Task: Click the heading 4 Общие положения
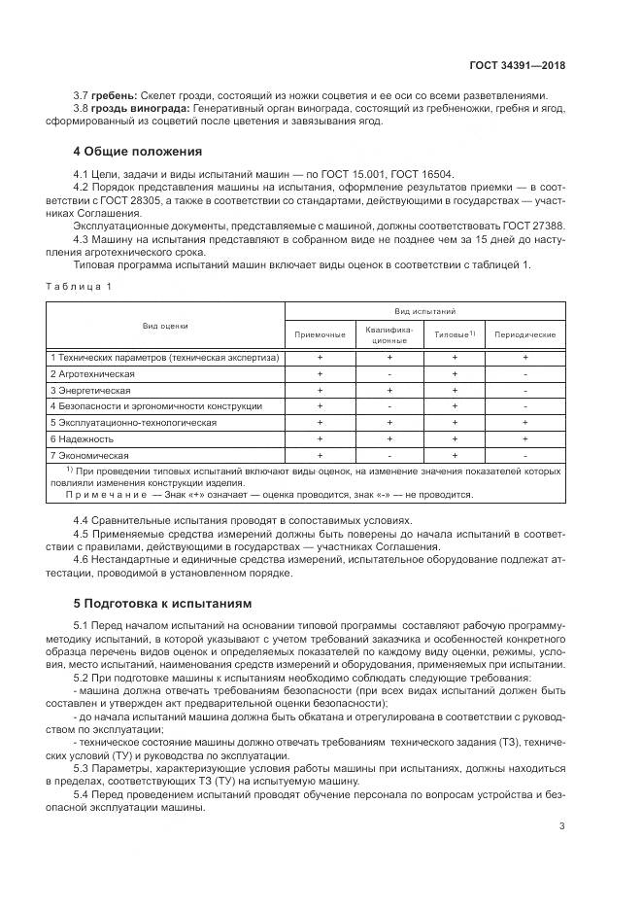coord(138,152)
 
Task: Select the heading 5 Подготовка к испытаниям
coord(162,603)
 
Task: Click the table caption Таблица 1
coord(81,286)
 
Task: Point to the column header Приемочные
coord(320,334)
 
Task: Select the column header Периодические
coord(524,334)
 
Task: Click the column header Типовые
coord(454,334)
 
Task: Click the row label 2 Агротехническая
coord(93,374)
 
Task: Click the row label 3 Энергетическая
coord(92,390)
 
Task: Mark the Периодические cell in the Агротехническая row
coord(524,374)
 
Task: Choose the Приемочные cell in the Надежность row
coord(320,439)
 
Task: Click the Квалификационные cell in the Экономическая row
coord(389,455)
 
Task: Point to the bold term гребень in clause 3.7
coord(112,95)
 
